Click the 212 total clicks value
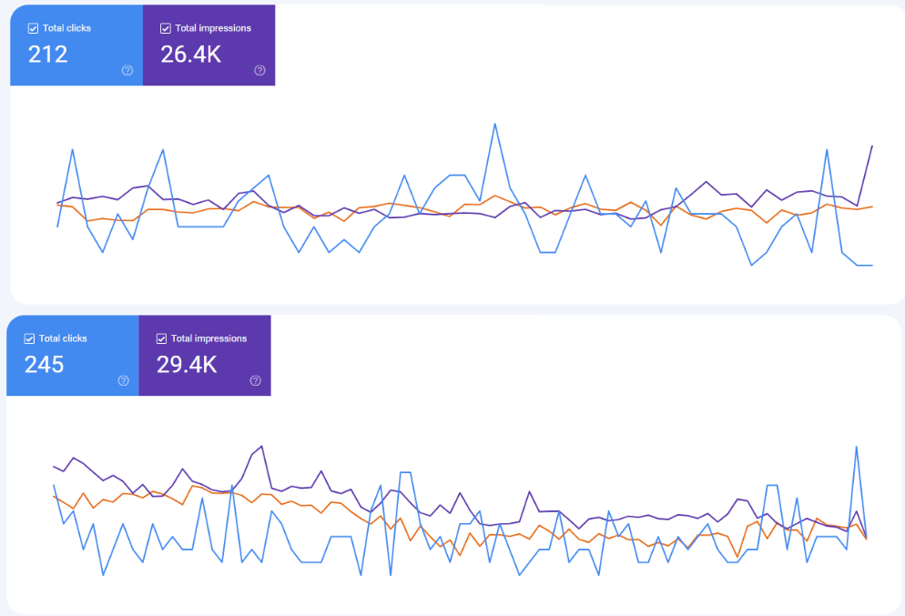(48, 55)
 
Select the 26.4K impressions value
(191, 55)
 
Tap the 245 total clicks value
(45, 365)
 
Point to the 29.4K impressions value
(188, 365)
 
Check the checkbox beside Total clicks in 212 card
(34, 28)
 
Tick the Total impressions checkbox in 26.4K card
(166, 28)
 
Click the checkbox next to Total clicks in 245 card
(30, 338)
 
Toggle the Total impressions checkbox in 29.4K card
(162, 338)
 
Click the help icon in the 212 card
(127, 71)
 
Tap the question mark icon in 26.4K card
(259, 71)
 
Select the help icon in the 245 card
(124, 381)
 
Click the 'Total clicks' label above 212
(66, 28)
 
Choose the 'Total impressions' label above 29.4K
(208, 338)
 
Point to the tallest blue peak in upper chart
(494, 124)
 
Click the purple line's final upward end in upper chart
(872, 146)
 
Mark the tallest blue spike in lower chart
(857, 446)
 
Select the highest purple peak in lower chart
(261, 446)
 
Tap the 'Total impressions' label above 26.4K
(213, 28)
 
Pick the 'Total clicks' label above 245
(63, 338)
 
